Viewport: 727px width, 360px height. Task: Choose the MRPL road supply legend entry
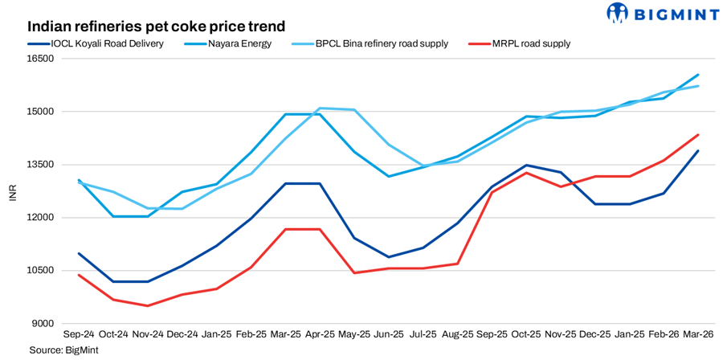point(531,43)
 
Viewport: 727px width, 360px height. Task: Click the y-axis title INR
point(13,191)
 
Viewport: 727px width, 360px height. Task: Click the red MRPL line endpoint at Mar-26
point(697,135)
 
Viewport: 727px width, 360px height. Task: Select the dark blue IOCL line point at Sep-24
point(79,254)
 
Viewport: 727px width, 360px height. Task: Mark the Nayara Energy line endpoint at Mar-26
point(697,75)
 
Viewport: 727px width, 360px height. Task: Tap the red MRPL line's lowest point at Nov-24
point(147,305)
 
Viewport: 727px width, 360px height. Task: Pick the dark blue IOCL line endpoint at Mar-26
point(697,151)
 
